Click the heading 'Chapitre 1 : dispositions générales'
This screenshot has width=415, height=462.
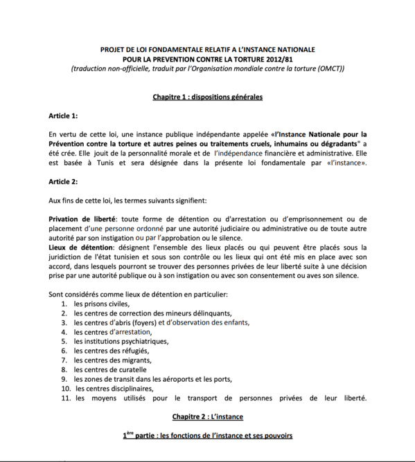(207, 97)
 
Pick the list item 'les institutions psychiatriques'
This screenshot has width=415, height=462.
(121, 341)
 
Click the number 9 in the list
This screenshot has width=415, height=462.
(64, 379)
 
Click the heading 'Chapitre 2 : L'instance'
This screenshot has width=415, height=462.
(207, 416)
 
